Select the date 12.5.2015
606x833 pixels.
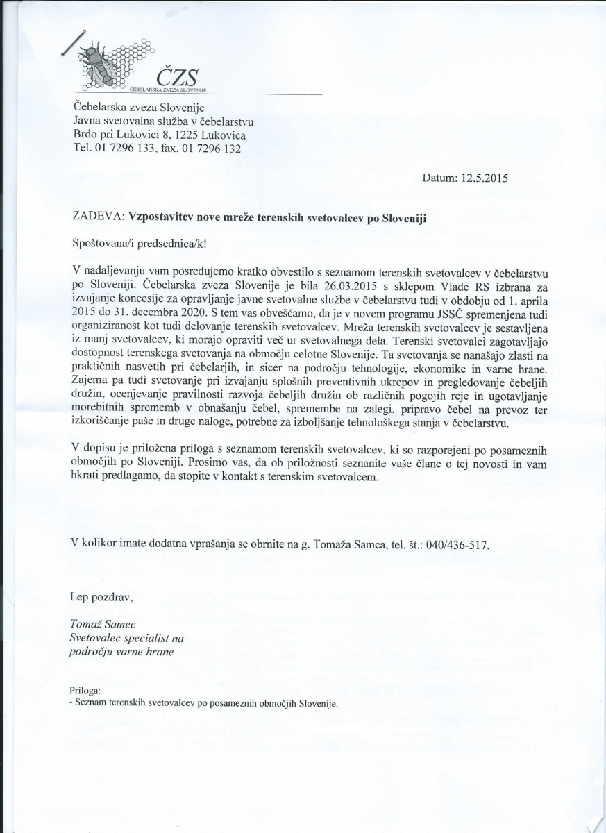[x=484, y=178]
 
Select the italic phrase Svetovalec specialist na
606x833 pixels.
[x=126, y=638]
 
